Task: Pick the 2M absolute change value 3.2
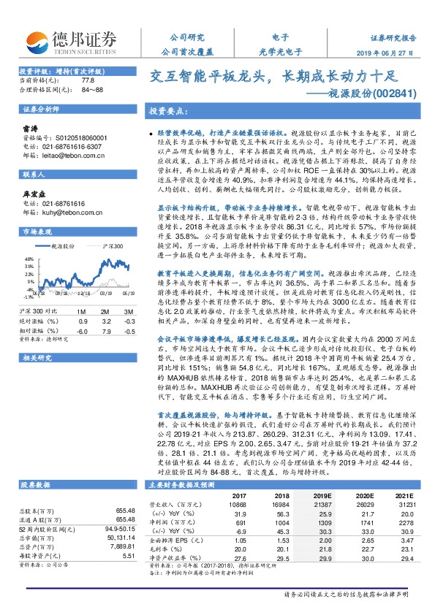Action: [106, 320]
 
